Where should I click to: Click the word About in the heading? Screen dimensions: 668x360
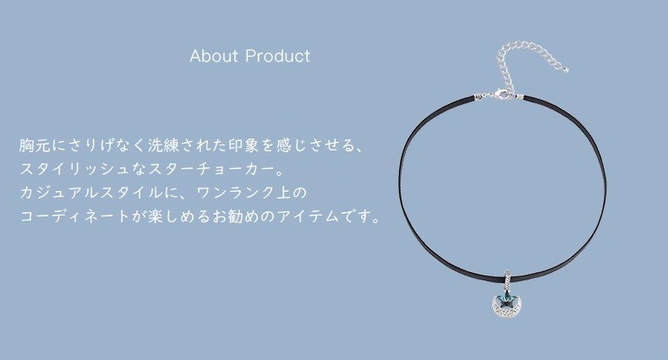click(214, 56)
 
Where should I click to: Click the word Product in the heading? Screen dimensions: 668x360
click(278, 56)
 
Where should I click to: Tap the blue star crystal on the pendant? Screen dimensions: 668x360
click(507, 297)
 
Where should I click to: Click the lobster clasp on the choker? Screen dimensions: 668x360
click(499, 95)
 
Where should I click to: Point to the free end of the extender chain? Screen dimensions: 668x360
click(566, 69)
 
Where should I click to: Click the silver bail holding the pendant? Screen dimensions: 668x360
click(507, 279)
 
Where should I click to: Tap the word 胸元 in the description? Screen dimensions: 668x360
click(35, 145)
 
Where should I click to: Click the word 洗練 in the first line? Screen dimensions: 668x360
click(164, 145)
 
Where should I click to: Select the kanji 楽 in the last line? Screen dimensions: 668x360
click(156, 216)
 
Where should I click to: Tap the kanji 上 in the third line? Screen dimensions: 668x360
click(284, 193)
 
